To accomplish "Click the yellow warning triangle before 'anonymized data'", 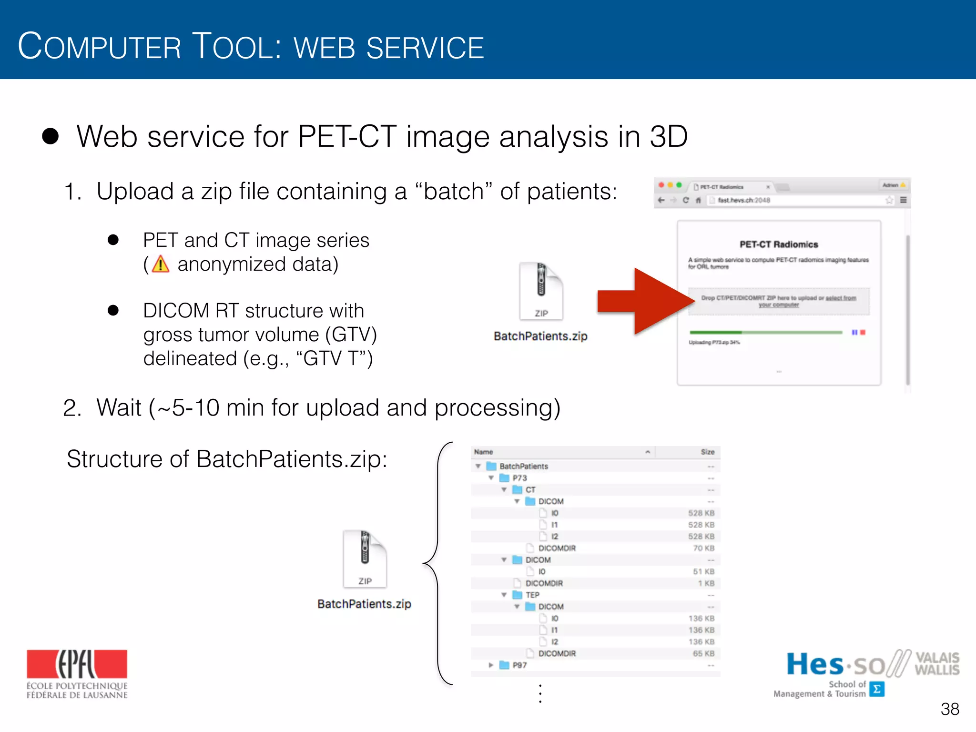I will tap(161, 264).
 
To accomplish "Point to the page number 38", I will tap(949, 709).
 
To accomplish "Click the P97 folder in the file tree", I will tap(519, 665).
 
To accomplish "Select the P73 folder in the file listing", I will tap(519, 478).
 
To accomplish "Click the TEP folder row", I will tap(532, 595).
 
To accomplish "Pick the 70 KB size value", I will tap(703, 549).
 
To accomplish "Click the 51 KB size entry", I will tap(703, 572).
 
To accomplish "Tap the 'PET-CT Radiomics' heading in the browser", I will tap(779, 244).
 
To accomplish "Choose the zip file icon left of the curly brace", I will tap(365, 559).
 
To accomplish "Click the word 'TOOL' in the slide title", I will tap(237, 47).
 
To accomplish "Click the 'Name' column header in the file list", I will tap(484, 452).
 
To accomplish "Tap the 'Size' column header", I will tap(707, 452).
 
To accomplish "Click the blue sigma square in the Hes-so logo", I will tap(877, 689).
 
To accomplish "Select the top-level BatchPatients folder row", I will tap(523, 466).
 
